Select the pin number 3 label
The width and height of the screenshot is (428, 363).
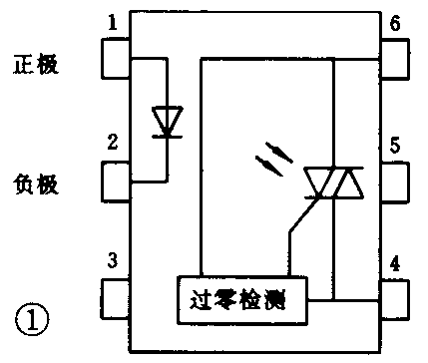pyautogui.click(x=113, y=262)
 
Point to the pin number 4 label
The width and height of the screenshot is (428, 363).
pyautogui.click(x=396, y=265)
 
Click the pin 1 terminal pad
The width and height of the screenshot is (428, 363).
pyautogui.click(x=118, y=58)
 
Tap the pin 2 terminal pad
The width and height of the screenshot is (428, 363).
pyautogui.click(x=118, y=181)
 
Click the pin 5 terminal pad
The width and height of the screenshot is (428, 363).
pyautogui.click(x=393, y=181)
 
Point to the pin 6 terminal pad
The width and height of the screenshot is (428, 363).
pyautogui.click(x=393, y=58)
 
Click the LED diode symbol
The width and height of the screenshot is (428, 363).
pyautogui.click(x=165, y=122)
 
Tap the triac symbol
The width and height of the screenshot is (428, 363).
pyautogui.click(x=333, y=182)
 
